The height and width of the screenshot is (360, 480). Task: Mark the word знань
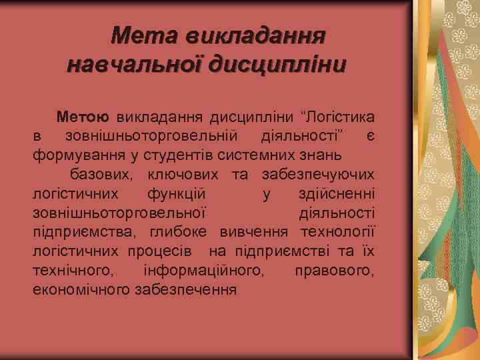(321, 155)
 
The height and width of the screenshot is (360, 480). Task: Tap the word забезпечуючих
(318, 175)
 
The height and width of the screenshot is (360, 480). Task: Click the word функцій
(177, 194)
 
